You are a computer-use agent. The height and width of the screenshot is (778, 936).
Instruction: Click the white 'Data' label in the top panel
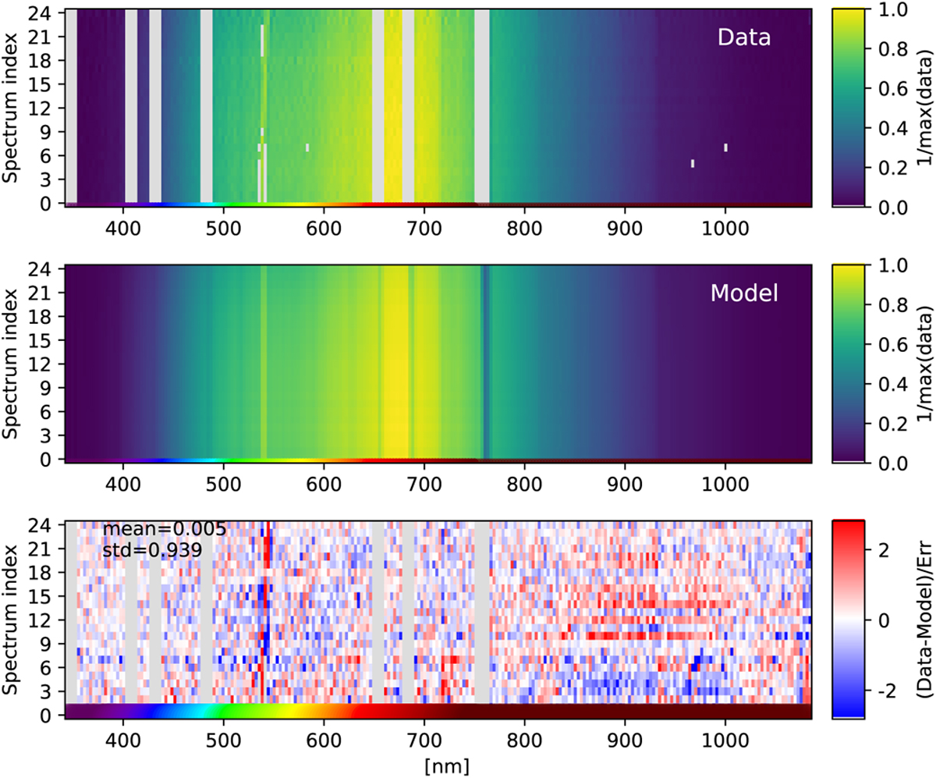(x=744, y=37)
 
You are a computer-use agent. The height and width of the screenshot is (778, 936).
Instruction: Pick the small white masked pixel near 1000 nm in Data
(x=725, y=147)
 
